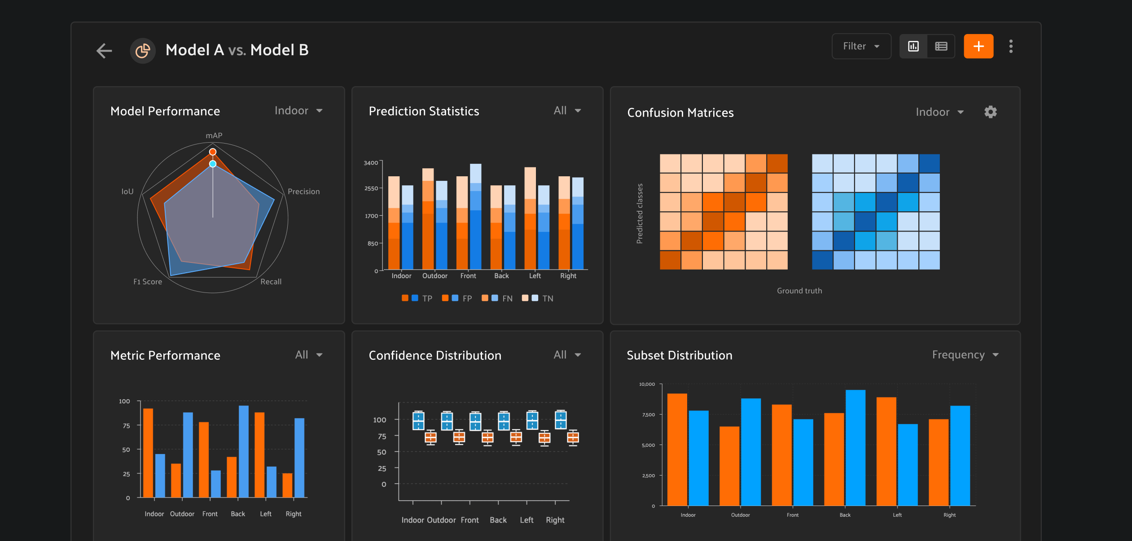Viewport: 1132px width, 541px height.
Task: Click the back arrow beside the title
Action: point(104,51)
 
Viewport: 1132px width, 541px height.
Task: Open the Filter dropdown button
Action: point(861,46)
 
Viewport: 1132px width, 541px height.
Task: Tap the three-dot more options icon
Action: point(1011,46)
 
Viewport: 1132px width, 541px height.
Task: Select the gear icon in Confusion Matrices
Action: point(991,112)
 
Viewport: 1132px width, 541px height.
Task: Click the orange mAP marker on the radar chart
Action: point(213,152)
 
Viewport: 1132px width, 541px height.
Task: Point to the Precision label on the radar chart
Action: point(304,192)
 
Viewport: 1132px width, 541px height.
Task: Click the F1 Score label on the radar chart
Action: point(148,282)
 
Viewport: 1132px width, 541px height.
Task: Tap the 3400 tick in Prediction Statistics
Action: point(371,163)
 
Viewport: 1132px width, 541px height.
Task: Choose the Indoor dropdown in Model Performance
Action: point(298,111)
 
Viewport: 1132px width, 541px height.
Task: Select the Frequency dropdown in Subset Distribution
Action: point(965,355)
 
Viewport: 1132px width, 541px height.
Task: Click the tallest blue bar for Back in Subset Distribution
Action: point(856,448)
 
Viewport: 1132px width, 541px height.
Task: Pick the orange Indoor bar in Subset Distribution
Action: point(677,449)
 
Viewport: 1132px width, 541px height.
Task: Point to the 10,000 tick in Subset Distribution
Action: point(647,384)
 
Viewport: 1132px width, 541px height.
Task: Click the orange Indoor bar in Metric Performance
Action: point(148,453)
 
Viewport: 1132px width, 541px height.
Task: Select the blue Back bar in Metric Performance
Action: point(244,451)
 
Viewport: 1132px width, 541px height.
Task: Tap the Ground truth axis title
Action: point(799,291)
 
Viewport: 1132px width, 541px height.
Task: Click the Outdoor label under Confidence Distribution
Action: point(441,520)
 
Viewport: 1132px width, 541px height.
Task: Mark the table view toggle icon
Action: point(941,46)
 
